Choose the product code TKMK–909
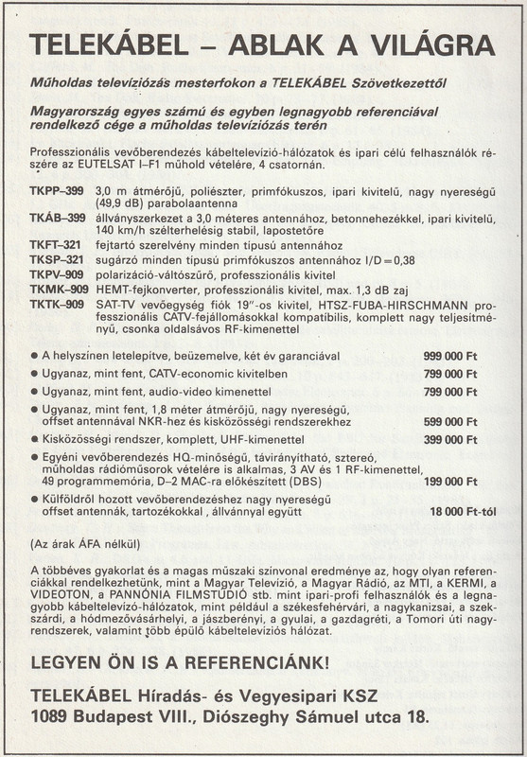point(60,289)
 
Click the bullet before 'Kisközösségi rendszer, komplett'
point(35,440)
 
